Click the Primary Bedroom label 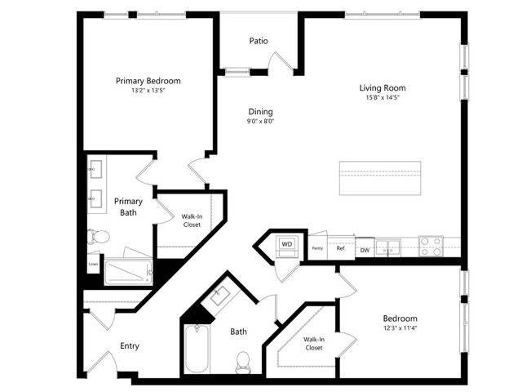[148, 81]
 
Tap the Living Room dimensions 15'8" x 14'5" [382, 98]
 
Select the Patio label [258, 41]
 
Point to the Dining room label [261, 112]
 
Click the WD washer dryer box [287, 243]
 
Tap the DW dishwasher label [365, 250]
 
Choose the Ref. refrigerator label [341, 248]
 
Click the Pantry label [317, 248]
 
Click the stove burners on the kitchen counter [430, 246]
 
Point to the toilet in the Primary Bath [98, 237]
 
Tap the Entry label [130, 345]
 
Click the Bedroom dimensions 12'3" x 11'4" [400, 329]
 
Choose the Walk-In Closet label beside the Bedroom [314, 344]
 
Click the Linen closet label [94, 264]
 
